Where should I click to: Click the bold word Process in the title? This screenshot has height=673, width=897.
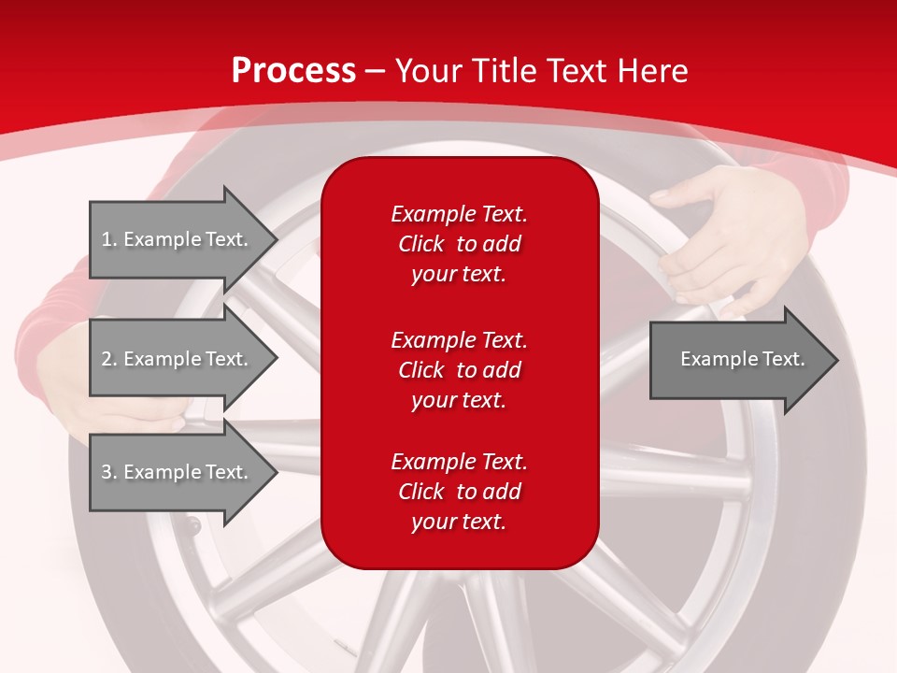click(x=293, y=71)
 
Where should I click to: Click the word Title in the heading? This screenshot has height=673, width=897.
click(x=503, y=71)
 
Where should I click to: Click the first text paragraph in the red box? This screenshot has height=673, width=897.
click(x=459, y=244)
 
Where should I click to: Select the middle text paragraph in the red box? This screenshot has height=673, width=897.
click(x=459, y=370)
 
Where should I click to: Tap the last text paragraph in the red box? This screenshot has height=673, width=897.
click(x=459, y=492)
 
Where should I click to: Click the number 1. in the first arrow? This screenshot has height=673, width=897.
click(x=109, y=239)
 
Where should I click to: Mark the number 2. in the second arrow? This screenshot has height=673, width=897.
click(x=109, y=359)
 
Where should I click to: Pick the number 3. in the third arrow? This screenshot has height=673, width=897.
click(x=109, y=472)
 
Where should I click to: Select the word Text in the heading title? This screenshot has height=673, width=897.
click(x=576, y=71)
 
